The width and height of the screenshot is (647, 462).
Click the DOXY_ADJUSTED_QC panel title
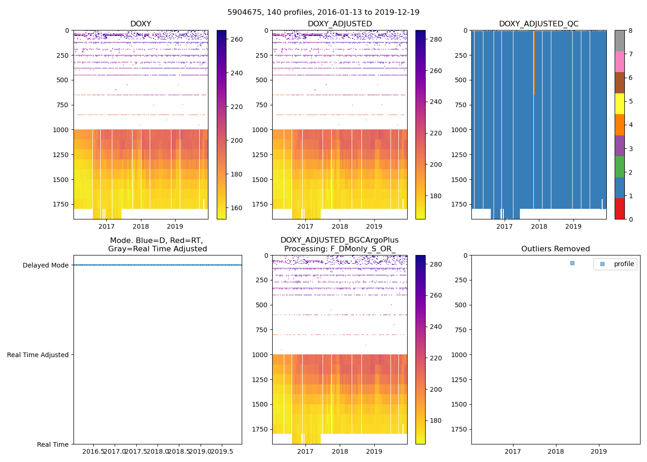(538, 24)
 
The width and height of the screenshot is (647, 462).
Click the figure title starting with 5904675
(323, 12)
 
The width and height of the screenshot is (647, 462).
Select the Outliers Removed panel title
(555, 249)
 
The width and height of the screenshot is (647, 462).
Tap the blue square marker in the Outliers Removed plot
(572, 263)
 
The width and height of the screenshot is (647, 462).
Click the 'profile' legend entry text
(624, 264)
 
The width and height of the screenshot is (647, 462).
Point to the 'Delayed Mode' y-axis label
(45, 265)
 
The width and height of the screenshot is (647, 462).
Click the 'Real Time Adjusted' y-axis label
(38, 355)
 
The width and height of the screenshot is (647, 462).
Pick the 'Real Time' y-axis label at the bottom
(53, 444)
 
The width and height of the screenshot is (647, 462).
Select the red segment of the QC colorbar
(620, 209)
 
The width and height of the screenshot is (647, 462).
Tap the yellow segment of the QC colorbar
(620, 104)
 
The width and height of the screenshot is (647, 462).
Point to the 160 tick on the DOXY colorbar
(237, 208)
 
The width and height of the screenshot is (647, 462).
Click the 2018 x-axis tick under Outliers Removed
(555, 451)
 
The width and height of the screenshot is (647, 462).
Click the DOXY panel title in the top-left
(140, 24)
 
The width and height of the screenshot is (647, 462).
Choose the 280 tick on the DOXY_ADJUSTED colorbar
(435, 40)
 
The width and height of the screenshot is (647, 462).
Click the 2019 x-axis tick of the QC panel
(573, 226)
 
